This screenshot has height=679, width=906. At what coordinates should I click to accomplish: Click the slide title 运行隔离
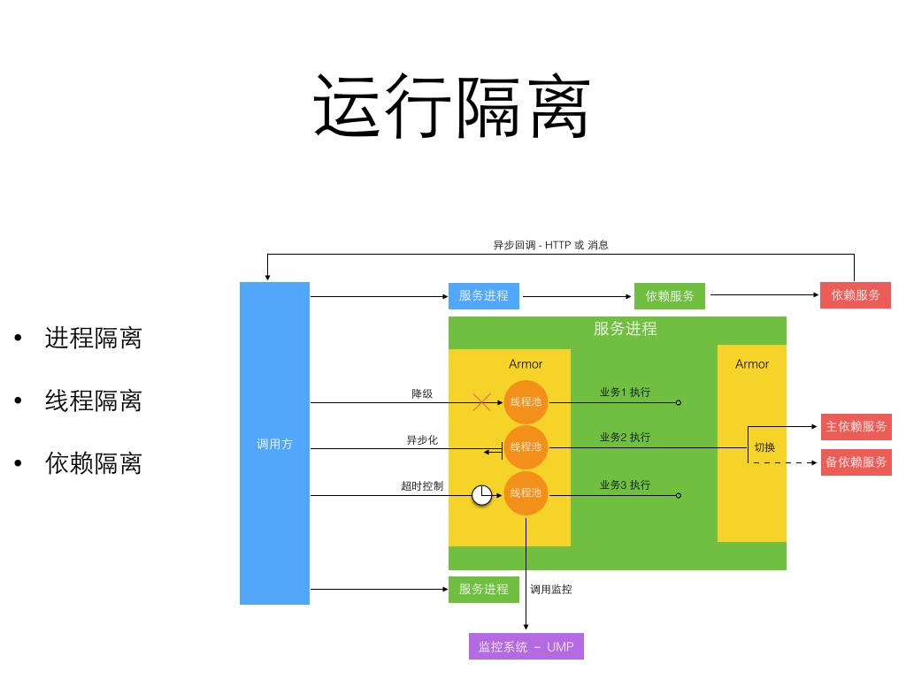[x=452, y=107]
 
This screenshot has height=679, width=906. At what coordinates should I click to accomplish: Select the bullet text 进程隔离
[x=93, y=338]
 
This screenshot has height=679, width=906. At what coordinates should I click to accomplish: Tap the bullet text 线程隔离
[x=93, y=401]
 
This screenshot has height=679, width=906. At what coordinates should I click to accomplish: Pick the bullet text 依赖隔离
[x=93, y=463]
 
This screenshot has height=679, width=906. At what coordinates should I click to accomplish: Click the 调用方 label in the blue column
[x=274, y=444]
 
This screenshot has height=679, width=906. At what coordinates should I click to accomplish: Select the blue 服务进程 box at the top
[x=484, y=295]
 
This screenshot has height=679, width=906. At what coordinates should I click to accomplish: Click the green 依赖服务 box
[x=670, y=296]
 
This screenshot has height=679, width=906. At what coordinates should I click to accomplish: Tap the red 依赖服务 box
[x=856, y=295]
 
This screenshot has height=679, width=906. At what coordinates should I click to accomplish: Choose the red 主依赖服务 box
[x=856, y=426]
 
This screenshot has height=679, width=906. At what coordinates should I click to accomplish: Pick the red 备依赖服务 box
[x=856, y=462]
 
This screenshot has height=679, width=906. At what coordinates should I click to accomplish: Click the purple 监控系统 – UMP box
[x=526, y=646]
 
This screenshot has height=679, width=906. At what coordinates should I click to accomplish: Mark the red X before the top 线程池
[x=481, y=402]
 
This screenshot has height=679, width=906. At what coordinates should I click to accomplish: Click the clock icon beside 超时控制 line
[x=481, y=495]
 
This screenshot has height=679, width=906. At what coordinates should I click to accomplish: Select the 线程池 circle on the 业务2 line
[x=526, y=447]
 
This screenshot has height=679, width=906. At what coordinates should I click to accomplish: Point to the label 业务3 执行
[x=625, y=484]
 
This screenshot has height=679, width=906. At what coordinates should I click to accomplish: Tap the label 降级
[x=422, y=393]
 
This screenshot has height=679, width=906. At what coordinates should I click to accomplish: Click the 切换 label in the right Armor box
[x=764, y=447]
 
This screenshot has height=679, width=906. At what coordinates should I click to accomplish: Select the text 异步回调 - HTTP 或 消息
[x=550, y=245]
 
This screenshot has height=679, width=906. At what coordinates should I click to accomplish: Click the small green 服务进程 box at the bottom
[x=484, y=589]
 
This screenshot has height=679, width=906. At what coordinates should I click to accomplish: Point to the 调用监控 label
[x=551, y=589]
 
